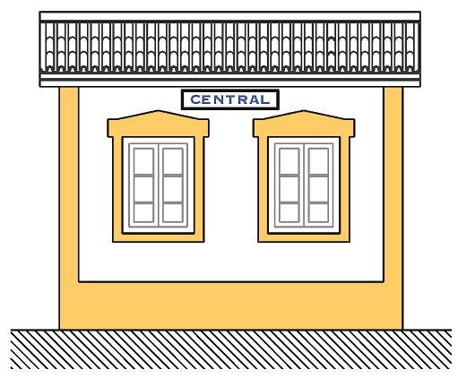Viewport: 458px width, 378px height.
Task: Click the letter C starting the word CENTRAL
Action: pyautogui.click(x=195, y=99)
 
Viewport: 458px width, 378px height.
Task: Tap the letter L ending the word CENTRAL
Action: pyautogui.click(x=265, y=99)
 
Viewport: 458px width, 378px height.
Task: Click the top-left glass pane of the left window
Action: pyautogui.click(x=143, y=161)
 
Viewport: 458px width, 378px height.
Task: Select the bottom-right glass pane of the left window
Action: pyautogui.click(x=173, y=213)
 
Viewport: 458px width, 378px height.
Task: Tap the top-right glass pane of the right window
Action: pyautogui.click(x=318, y=161)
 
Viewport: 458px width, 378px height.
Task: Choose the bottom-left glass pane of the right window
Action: pyautogui.click(x=289, y=213)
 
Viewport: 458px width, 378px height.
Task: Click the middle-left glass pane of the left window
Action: pyautogui.click(x=143, y=189)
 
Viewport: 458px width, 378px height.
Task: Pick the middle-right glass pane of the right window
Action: pyautogui.click(x=318, y=189)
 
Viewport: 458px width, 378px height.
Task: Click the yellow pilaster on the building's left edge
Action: pyautogui.click(x=69, y=208)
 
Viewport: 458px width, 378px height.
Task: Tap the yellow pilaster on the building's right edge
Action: pyautogui.click(x=393, y=208)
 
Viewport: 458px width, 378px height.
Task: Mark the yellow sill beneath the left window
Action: pyautogui.click(x=158, y=237)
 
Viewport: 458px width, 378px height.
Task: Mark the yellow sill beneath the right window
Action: pyautogui.click(x=304, y=237)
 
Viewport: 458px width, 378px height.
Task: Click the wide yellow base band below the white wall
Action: pyautogui.click(x=231, y=305)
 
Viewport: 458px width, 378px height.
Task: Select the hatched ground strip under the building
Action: pyautogui.click(x=231, y=349)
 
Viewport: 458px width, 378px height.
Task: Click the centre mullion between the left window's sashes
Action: pyautogui.click(x=158, y=185)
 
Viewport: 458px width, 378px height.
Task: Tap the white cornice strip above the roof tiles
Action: pyautogui.click(x=230, y=16)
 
